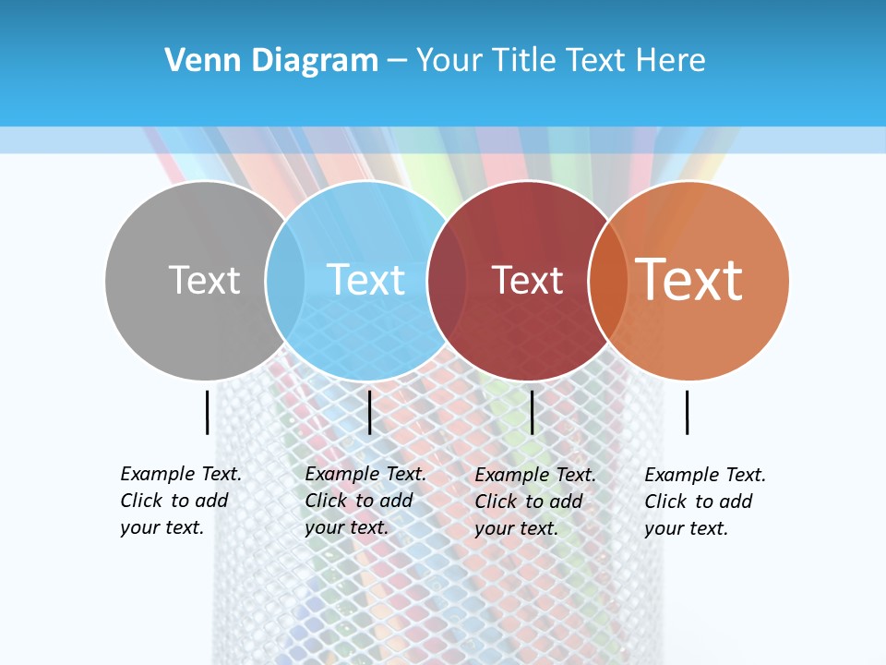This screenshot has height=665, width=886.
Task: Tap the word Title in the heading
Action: click(526, 60)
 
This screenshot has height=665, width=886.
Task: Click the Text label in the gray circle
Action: click(204, 280)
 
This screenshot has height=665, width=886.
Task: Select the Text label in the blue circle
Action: click(365, 280)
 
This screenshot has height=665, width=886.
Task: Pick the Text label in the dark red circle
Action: click(527, 280)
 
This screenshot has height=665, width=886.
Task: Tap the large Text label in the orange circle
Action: click(688, 279)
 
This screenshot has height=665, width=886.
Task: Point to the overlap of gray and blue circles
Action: click(285, 280)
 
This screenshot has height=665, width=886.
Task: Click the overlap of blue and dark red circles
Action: click(447, 280)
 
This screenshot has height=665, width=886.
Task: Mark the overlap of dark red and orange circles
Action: click(608, 280)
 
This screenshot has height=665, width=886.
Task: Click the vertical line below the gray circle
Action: click(207, 412)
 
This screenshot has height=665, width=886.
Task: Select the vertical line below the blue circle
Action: click(369, 412)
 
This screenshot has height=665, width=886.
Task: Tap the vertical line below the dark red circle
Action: click(532, 412)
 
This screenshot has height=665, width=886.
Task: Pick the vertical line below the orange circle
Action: click(687, 412)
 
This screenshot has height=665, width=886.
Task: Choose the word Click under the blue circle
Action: click(326, 501)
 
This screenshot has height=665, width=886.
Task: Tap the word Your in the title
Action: click(449, 60)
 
